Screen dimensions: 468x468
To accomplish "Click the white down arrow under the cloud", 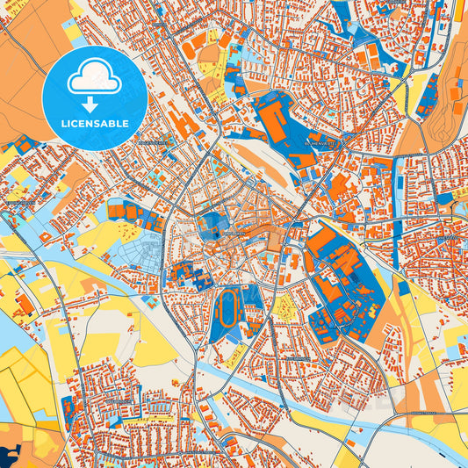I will pos(93,104).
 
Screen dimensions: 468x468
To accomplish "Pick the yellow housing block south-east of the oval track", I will pos(284,306).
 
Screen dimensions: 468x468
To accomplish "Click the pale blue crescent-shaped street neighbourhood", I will pos(140,246).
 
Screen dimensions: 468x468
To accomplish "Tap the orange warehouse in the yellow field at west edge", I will pos(25,304).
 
